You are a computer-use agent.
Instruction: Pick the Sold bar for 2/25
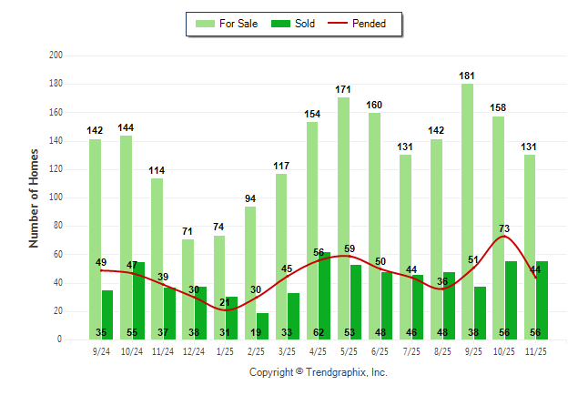[x=263, y=326]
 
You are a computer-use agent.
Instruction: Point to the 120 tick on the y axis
[x=56, y=169]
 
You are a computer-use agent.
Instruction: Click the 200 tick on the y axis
[x=56, y=56]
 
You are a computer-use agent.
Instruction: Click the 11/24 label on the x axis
[x=164, y=350]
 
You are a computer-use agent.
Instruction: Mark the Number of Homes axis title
[x=34, y=197]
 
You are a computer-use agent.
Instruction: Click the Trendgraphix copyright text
[x=319, y=372]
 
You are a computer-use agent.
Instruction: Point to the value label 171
[x=343, y=89]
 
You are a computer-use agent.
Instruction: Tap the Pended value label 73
[x=503, y=228]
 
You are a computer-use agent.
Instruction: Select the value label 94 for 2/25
[x=250, y=198]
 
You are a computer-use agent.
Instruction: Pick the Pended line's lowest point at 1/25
[x=225, y=310]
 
